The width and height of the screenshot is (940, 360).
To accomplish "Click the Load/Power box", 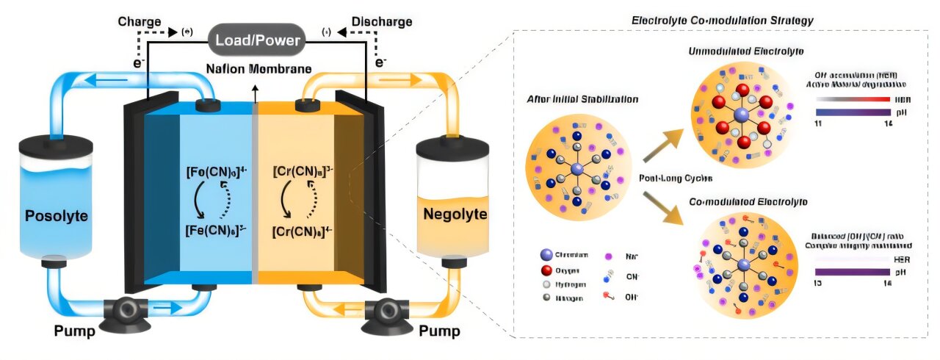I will (x=258, y=40).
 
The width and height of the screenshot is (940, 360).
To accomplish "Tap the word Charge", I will (x=140, y=22).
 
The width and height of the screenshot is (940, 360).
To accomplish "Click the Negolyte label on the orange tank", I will (x=442, y=215).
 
